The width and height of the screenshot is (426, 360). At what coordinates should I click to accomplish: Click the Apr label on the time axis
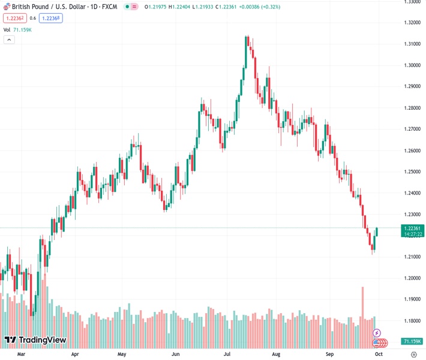(75, 355)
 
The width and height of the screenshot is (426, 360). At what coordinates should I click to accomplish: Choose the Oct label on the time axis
(379, 355)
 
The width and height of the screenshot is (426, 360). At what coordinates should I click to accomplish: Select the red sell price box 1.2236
(13, 18)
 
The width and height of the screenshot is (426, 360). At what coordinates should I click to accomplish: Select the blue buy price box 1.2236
(50, 18)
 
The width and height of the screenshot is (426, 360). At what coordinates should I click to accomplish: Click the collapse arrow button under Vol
(9, 40)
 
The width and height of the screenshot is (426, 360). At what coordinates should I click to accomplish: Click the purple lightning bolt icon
(377, 333)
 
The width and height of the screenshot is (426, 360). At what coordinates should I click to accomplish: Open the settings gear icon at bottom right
(413, 355)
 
